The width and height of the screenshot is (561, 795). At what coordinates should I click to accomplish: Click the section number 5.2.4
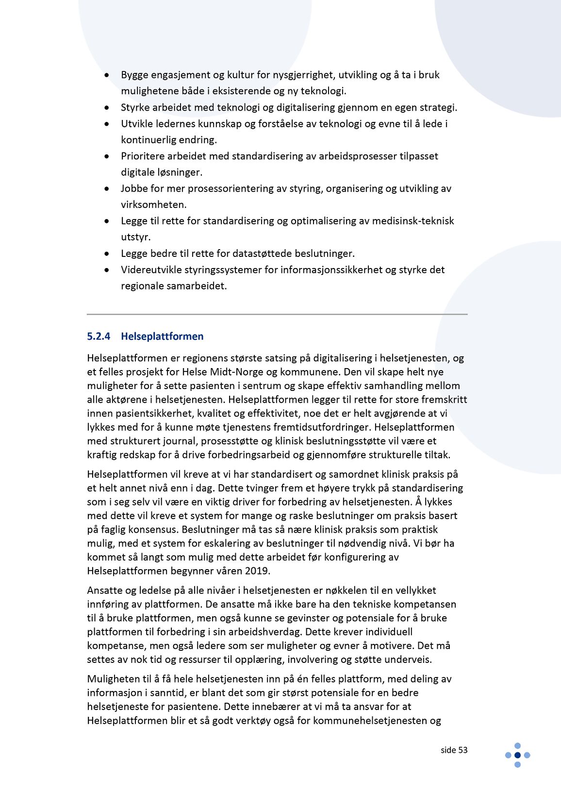99,336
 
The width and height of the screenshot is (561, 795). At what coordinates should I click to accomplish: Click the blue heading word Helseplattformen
162,336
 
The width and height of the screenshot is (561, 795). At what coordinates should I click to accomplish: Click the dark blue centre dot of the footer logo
517,755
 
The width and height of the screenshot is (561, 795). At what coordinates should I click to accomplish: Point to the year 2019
258,571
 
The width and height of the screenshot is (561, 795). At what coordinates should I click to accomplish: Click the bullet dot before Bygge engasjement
107,75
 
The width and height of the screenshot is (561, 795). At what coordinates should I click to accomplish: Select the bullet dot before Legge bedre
107,254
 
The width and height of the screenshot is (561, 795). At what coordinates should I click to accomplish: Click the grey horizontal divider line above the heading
277,314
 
